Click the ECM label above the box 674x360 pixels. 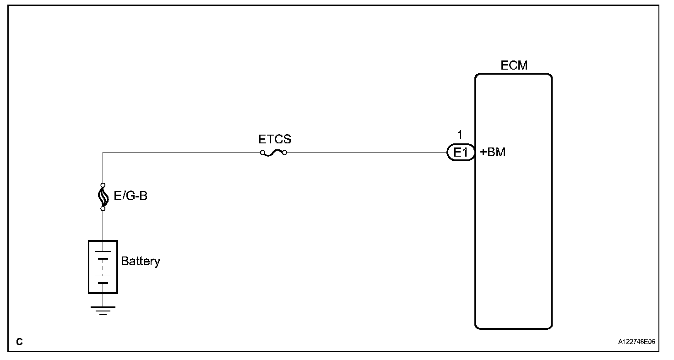pyautogui.click(x=514, y=65)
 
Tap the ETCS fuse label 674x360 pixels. pyautogui.click(x=274, y=139)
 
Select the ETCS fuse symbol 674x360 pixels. pyautogui.click(x=273, y=153)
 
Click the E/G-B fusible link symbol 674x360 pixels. pyautogui.click(x=103, y=197)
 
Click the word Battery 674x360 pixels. pyautogui.click(x=141, y=262)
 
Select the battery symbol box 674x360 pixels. pyautogui.click(x=103, y=267)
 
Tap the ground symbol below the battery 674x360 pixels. pyautogui.click(x=103, y=311)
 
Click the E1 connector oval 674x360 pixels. pyautogui.click(x=461, y=153)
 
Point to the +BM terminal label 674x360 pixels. pyautogui.click(x=493, y=153)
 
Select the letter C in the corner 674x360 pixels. pyautogui.click(x=19, y=342)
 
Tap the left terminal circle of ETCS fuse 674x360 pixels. pyautogui.click(x=262, y=153)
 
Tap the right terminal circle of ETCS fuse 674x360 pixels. pyautogui.click(x=285, y=153)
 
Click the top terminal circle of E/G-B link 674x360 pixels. pyautogui.click(x=103, y=185)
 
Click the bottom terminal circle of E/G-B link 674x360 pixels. pyautogui.click(x=103, y=209)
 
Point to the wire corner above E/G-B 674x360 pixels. pyautogui.click(x=103, y=153)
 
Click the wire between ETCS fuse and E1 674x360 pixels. pyautogui.click(x=366, y=153)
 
